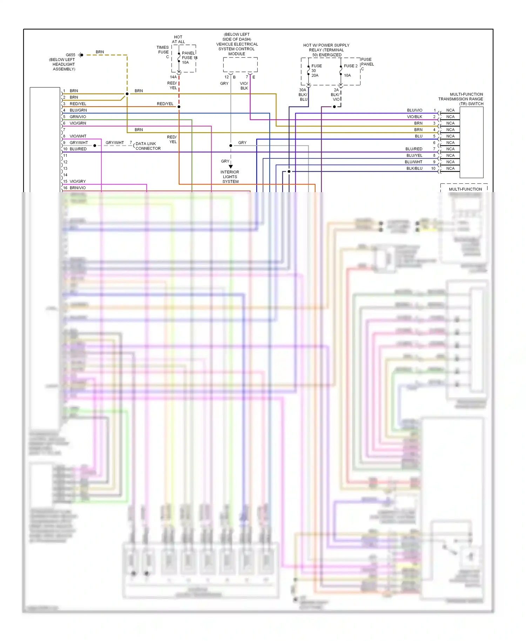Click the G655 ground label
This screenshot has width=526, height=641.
(x=70, y=55)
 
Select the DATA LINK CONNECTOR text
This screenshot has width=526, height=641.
(x=148, y=146)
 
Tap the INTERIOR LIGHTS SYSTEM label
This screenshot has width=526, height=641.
(x=230, y=177)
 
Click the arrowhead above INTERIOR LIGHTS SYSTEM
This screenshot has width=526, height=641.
(x=231, y=167)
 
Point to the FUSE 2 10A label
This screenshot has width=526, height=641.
(x=350, y=70)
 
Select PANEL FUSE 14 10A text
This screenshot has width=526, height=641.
(x=189, y=58)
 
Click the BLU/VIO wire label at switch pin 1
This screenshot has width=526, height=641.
(x=414, y=110)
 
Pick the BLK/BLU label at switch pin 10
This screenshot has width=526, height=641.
(x=414, y=168)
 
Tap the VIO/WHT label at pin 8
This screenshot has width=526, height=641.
(x=78, y=136)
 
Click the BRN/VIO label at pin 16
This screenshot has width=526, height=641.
(x=77, y=188)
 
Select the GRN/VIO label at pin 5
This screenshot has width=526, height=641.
(x=78, y=117)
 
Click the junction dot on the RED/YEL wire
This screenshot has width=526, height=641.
(x=179, y=107)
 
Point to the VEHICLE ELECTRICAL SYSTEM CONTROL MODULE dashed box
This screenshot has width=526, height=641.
(x=240, y=65)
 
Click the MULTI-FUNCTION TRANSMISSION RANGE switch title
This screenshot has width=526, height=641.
(x=460, y=99)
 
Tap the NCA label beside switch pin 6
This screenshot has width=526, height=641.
(x=450, y=143)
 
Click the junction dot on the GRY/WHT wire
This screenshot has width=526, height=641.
(x=95, y=146)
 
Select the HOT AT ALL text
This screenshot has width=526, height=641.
(x=178, y=39)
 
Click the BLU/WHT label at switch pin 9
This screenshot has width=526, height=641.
(x=413, y=162)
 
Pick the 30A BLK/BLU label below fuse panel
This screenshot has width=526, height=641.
(x=303, y=95)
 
